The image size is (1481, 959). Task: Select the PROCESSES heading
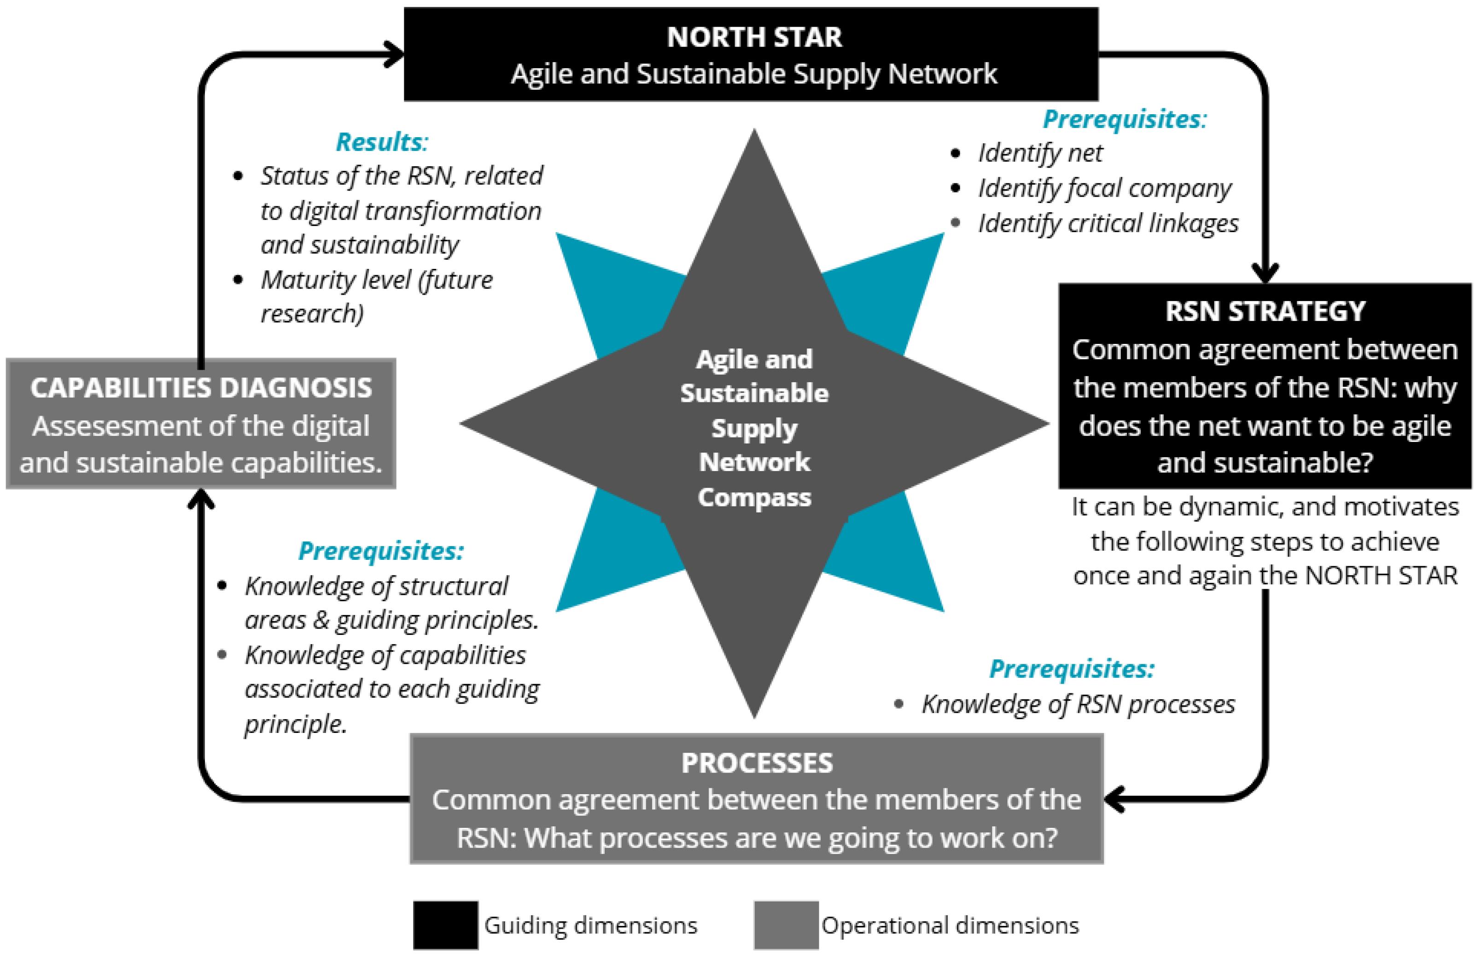[756, 763]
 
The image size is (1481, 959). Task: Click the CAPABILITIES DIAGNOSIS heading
[201, 388]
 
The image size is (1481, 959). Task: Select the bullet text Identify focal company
[1104, 188]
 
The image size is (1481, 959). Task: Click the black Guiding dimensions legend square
[446, 925]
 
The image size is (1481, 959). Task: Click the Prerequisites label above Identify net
[1124, 119]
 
